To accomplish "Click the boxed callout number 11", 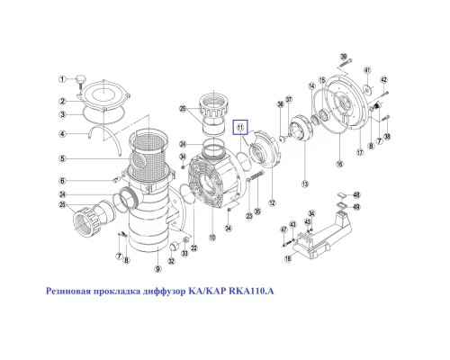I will pos(241,129).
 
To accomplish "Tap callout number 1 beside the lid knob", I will pos(64,79).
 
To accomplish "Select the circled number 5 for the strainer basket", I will pos(64,159).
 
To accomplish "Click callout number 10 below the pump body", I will pos(212,238).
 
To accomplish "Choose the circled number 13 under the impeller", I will pos(305,184).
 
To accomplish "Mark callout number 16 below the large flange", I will pos(339,165).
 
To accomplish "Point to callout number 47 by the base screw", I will pos(282,229).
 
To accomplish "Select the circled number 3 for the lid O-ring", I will pos(64,115).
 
